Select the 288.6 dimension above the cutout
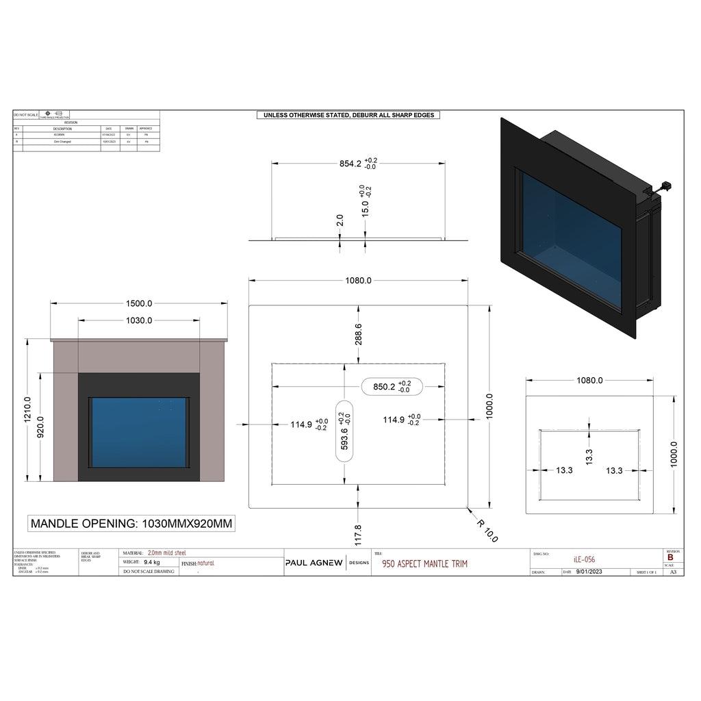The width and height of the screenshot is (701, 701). [x=358, y=333]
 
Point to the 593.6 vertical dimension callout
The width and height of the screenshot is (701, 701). [x=344, y=431]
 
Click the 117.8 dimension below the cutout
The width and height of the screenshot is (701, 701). [x=357, y=531]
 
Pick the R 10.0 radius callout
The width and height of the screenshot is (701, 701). [x=487, y=530]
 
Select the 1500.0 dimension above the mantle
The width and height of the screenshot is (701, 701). [x=139, y=303]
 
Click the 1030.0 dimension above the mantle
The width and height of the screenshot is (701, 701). [x=139, y=320]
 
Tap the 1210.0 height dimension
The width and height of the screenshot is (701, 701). [x=27, y=409]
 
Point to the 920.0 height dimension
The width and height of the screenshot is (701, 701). [x=40, y=427]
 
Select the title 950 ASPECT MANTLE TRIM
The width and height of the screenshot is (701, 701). [x=420, y=563]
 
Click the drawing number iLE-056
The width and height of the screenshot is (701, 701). [x=584, y=559]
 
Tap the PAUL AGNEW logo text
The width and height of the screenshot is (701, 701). [x=314, y=563]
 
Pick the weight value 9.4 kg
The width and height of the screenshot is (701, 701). [x=152, y=562]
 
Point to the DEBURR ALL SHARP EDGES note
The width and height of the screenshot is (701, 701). [x=348, y=115]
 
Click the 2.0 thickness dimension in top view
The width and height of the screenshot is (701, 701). [x=340, y=220]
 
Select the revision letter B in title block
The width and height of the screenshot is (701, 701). [x=670, y=557]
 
